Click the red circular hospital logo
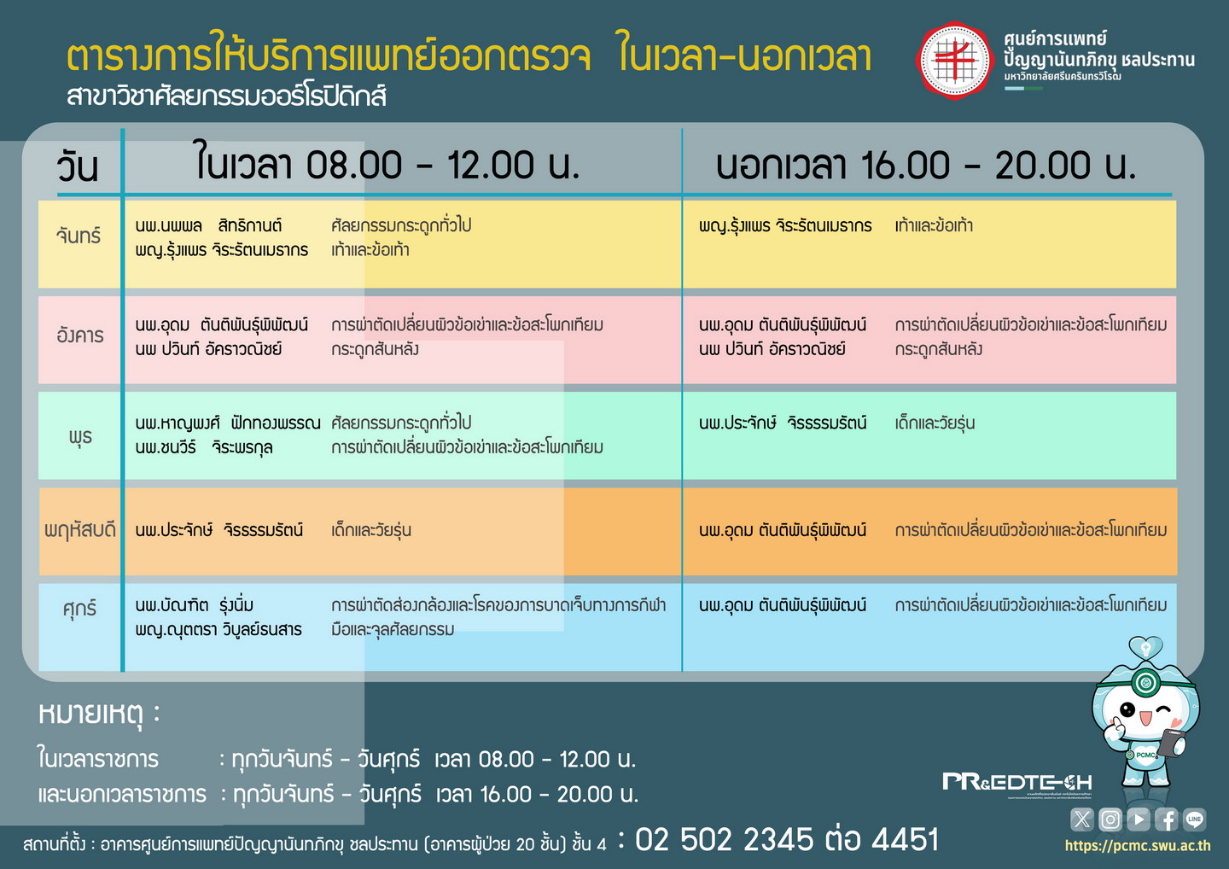pyautogui.click(x=954, y=61)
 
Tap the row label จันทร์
pyautogui.click(x=79, y=236)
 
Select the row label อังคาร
pyautogui.click(x=80, y=335)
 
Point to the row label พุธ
pyautogui.click(x=80, y=437)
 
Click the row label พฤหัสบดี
pyautogui.click(x=80, y=530)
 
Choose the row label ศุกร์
pyautogui.click(x=80, y=609)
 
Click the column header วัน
pyautogui.click(x=78, y=166)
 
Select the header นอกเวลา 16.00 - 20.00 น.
pyautogui.click(x=926, y=165)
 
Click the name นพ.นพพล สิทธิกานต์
pyautogui.click(x=208, y=225)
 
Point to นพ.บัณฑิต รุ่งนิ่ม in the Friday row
pyautogui.click(x=195, y=605)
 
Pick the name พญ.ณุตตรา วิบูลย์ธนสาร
pyautogui.click(x=218, y=630)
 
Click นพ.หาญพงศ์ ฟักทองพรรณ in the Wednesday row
pyautogui.click(x=228, y=423)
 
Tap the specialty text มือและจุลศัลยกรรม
pyautogui.click(x=393, y=629)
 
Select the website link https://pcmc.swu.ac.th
pyautogui.click(x=1138, y=845)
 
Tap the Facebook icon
pyautogui.click(x=1167, y=819)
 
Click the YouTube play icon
pyautogui.click(x=1139, y=819)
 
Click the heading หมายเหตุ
pyautogui.click(x=98, y=714)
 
